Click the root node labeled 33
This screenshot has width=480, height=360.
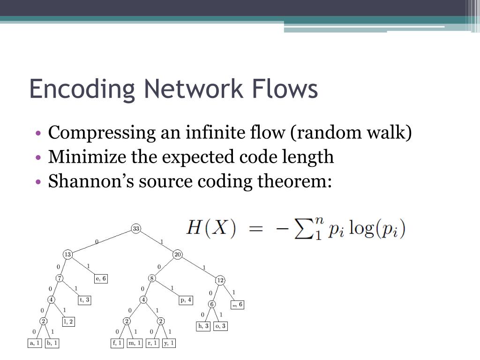tap(136, 229)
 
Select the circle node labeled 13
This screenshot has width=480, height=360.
tap(68, 255)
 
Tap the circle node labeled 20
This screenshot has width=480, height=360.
tap(178, 255)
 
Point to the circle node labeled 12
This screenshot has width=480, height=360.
tap(220, 280)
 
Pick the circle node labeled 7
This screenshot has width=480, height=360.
tap(60, 278)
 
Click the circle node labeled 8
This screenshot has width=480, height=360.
tap(152, 278)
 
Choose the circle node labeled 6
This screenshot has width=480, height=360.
tap(212, 304)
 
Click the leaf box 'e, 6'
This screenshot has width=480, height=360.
tap(101, 278)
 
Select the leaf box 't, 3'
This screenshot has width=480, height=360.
tap(84, 300)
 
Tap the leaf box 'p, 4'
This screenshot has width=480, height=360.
tap(186, 300)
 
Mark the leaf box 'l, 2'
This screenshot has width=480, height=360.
tap(68, 322)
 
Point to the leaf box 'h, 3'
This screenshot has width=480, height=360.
tap(203, 326)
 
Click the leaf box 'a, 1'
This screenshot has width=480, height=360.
tap(35, 343)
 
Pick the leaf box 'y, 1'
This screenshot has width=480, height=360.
tap(169, 343)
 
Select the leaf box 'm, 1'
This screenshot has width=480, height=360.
tap(135, 343)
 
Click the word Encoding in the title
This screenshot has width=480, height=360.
tap(82, 89)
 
